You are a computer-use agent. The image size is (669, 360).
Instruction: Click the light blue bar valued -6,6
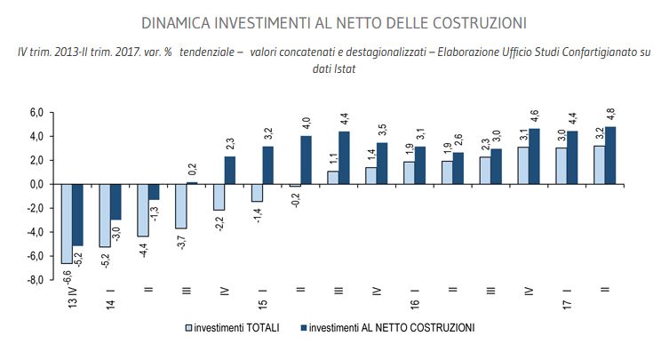tap(66, 223)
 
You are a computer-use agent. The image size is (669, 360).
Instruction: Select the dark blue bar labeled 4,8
tap(609, 156)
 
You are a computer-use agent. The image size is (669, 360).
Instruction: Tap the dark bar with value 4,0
tap(306, 160)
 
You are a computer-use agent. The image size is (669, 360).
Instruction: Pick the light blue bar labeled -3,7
tap(180, 206)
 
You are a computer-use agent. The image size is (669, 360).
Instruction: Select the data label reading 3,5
tap(381, 131)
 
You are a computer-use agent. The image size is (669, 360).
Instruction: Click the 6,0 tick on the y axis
tap(36, 113)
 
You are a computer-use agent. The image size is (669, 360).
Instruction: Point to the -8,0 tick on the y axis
tap(36, 280)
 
